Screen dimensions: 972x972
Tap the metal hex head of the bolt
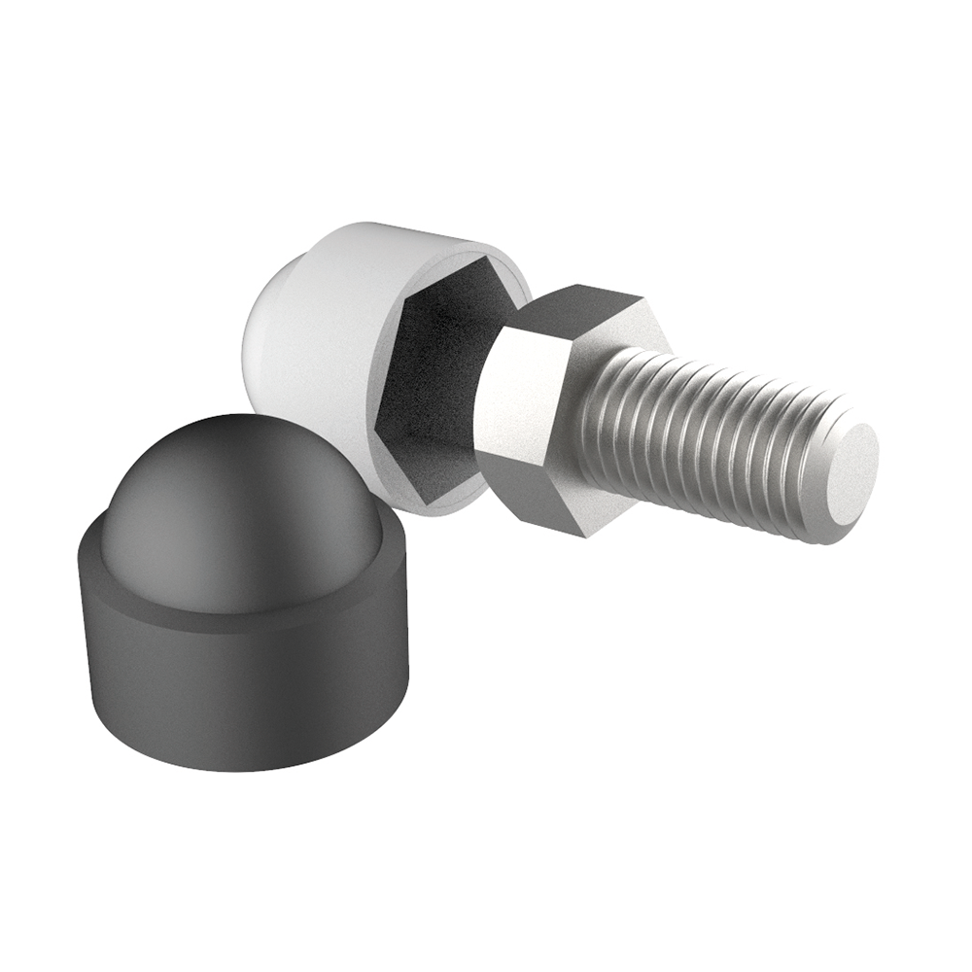pos(544,408)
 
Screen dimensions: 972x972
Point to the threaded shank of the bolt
pos(719,437)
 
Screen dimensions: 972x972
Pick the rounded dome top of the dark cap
pos(233,505)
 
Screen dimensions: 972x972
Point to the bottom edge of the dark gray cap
pos(243,763)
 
